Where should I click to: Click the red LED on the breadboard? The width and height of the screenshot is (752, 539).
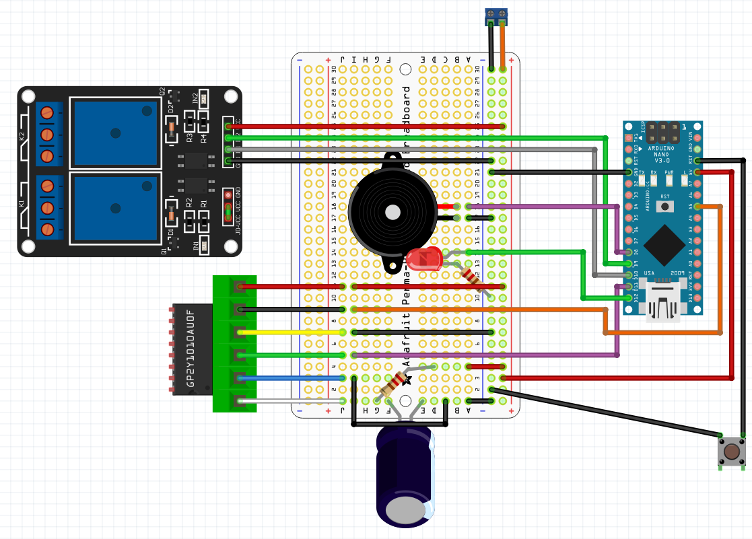tap(423, 260)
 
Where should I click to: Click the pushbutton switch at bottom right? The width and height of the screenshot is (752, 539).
tap(731, 452)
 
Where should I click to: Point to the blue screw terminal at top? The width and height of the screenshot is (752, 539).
tap(497, 15)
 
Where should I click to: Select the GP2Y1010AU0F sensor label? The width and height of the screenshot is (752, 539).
tap(191, 349)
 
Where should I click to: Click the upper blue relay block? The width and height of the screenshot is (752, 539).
tap(115, 133)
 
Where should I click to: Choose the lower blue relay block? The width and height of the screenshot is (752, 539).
tap(115, 208)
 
